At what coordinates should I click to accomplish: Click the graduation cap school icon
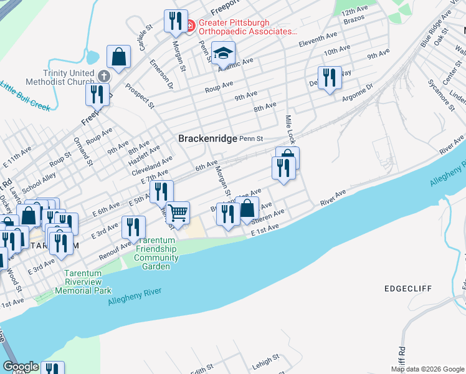click(222, 53)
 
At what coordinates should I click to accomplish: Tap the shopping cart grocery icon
click(178, 213)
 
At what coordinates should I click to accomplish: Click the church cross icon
click(103, 75)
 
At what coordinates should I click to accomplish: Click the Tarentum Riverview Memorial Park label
click(83, 282)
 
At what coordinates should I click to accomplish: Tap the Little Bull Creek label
click(25, 96)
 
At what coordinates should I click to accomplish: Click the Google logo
click(20, 367)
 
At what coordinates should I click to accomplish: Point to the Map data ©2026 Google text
click(427, 369)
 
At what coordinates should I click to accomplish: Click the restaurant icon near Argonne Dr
click(330, 77)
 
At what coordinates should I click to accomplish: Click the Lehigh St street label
click(267, 360)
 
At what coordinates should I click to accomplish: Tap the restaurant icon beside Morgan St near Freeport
click(176, 21)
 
